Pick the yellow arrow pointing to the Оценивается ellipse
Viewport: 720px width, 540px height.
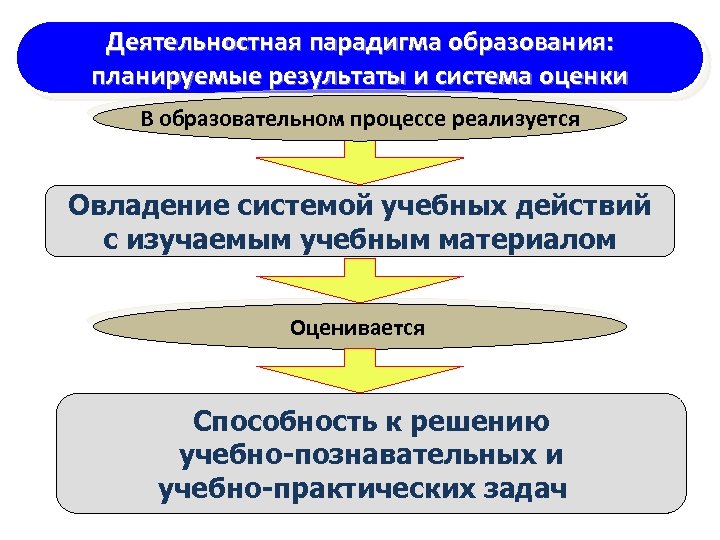point(359,281)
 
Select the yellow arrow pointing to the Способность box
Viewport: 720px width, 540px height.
point(359,369)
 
